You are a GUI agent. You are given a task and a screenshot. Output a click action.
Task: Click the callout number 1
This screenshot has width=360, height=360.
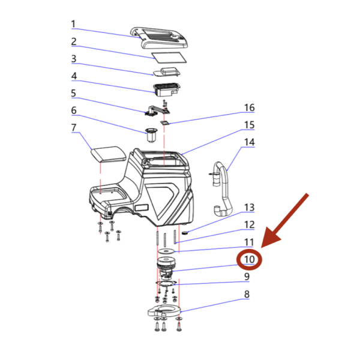pos(73,24)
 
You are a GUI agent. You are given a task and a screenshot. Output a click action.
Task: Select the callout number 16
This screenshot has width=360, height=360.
pos(250,107)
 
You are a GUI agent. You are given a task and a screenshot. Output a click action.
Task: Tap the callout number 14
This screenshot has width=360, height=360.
pos(250,142)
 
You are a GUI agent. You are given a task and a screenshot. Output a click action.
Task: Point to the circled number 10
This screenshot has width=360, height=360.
pos(250,259)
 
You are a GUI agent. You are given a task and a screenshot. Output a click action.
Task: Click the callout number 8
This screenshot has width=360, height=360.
pos(247,294)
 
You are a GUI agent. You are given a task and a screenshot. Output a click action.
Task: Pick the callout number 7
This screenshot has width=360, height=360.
pos(73,127)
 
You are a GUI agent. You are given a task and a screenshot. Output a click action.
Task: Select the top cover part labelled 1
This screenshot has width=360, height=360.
pos(160,38)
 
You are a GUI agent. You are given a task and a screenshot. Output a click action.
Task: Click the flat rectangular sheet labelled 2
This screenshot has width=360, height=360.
pos(169,58)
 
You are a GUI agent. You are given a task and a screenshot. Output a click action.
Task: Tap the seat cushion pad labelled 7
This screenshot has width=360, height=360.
pos(109,154)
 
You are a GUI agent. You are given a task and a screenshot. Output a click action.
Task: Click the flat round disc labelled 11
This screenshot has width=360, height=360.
pos(166,251)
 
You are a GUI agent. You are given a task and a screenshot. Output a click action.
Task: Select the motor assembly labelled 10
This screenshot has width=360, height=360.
pos(166,268)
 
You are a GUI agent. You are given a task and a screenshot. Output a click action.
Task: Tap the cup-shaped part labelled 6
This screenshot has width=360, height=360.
pos(152,136)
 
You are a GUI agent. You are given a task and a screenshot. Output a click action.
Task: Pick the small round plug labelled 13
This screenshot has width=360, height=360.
pos(185,233)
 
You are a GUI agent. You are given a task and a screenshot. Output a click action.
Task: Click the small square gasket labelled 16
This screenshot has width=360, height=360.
pos(164,123)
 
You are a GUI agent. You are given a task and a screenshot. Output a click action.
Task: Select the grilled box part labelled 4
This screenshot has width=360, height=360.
pos(167,90)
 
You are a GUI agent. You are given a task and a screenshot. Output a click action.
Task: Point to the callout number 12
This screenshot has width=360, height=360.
pos(250,224)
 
